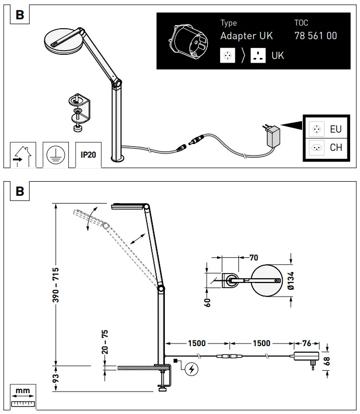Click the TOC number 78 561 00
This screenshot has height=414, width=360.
pos(316,36)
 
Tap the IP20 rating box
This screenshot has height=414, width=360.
pos(88,155)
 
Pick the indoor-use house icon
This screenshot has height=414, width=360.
pos(23,155)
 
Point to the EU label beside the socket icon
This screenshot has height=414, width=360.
pos(335,128)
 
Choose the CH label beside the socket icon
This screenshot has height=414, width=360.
pos(335,147)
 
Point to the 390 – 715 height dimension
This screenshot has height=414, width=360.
pos(56,286)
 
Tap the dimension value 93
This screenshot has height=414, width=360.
pos(56,376)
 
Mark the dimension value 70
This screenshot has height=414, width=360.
pos(254,257)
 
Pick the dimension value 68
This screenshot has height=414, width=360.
pos(328,360)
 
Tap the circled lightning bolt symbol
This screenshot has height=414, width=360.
pos(191,369)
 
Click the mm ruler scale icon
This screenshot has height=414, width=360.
pos(22,396)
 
